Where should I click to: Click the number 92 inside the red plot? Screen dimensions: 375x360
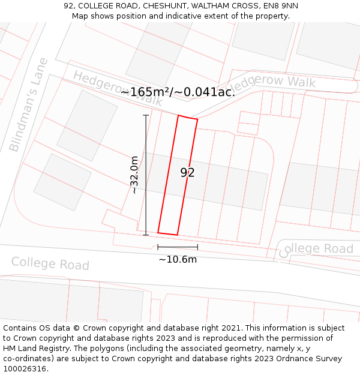[x=187, y=173]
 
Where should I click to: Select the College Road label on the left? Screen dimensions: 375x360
[x=50, y=263]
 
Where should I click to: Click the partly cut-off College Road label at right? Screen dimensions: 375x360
[x=316, y=249]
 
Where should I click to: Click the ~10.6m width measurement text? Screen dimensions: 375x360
[x=178, y=259]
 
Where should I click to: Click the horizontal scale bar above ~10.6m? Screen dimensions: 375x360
[x=178, y=247]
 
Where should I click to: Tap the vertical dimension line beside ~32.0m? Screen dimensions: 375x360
[x=146, y=175]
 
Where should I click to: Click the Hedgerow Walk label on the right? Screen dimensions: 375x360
[x=276, y=83]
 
